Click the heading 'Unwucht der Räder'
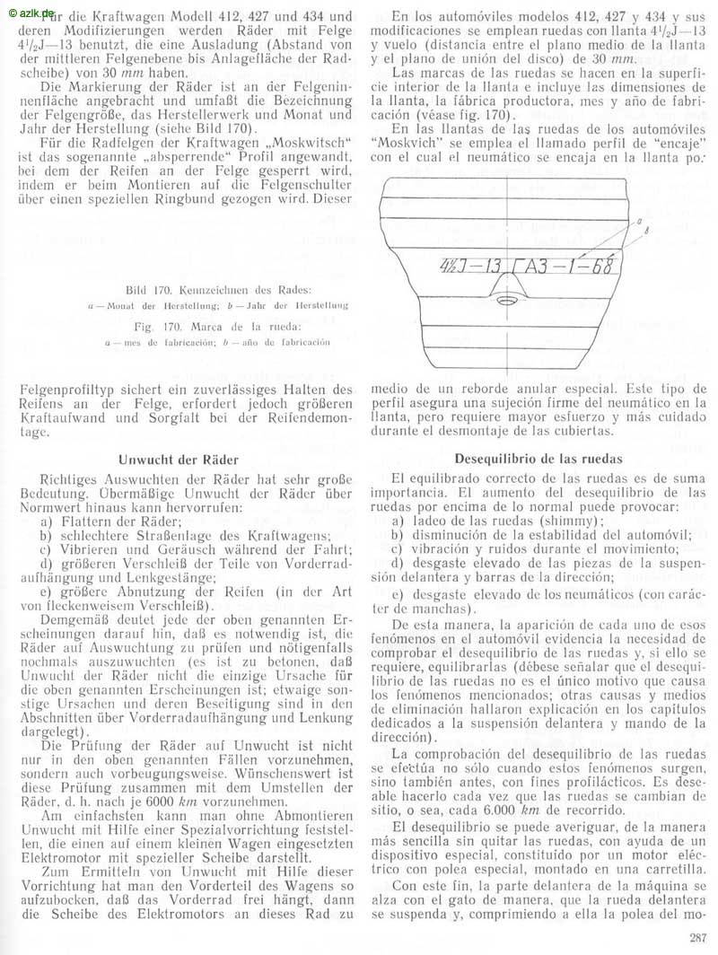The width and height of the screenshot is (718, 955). (x=178, y=460)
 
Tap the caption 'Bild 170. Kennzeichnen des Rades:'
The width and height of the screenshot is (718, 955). (x=219, y=291)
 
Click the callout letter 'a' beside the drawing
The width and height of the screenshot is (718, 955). (x=638, y=220)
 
